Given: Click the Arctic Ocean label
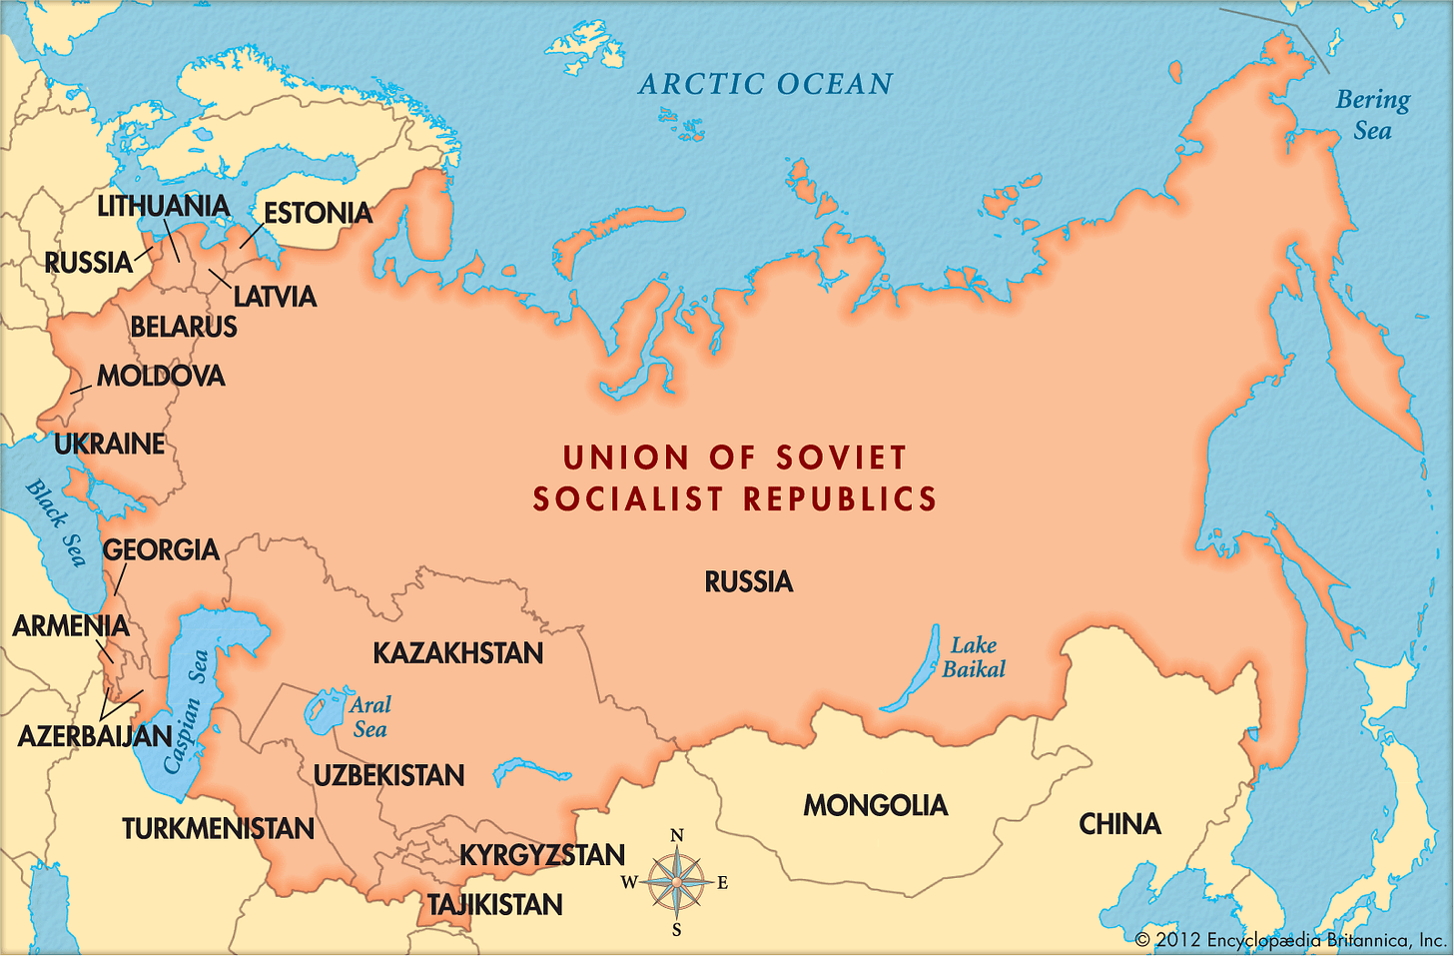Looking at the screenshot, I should pyautogui.click(x=766, y=85).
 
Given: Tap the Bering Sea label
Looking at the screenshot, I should pyautogui.click(x=1373, y=115).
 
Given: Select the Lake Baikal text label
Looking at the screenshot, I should pyautogui.click(x=974, y=657).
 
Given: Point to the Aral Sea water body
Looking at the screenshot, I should pyautogui.click(x=324, y=710).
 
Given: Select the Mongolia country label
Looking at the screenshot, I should pyautogui.click(x=876, y=805).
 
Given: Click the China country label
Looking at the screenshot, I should pyautogui.click(x=1119, y=824).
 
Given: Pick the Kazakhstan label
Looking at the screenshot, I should pyautogui.click(x=458, y=653).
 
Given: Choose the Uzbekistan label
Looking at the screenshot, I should pyautogui.click(x=388, y=775).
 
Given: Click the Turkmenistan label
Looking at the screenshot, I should pyautogui.click(x=218, y=828).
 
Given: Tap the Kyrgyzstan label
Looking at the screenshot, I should pyautogui.click(x=542, y=855).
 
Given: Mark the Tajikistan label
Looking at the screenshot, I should pyautogui.click(x=495, y=905).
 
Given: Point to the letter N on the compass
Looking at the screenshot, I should pyautogui.click(x=676, y=836).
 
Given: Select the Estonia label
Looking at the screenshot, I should pyautogui.click(x=318, y=213).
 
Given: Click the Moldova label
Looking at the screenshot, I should pyautogui.click(x=161, y=377).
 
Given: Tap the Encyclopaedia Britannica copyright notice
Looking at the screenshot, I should pyautogui.click(x=1290, y=940).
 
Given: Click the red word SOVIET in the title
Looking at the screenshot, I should pyautogui.click(x=842, y=458).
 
